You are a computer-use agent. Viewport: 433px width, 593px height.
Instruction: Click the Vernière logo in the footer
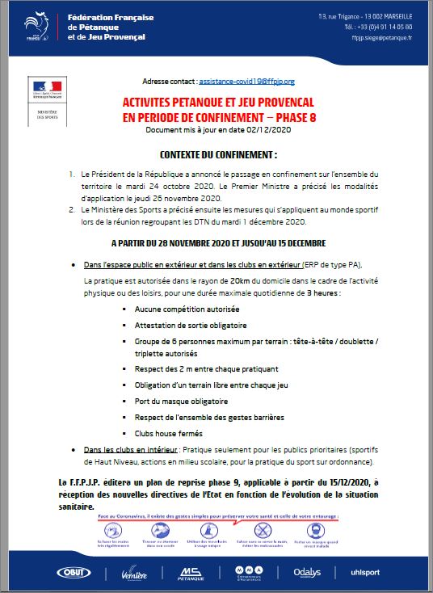[134, 572]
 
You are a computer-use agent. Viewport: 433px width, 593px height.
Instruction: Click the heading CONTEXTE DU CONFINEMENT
[218, 154]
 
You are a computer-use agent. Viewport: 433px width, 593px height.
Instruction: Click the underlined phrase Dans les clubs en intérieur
[126, 449]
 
